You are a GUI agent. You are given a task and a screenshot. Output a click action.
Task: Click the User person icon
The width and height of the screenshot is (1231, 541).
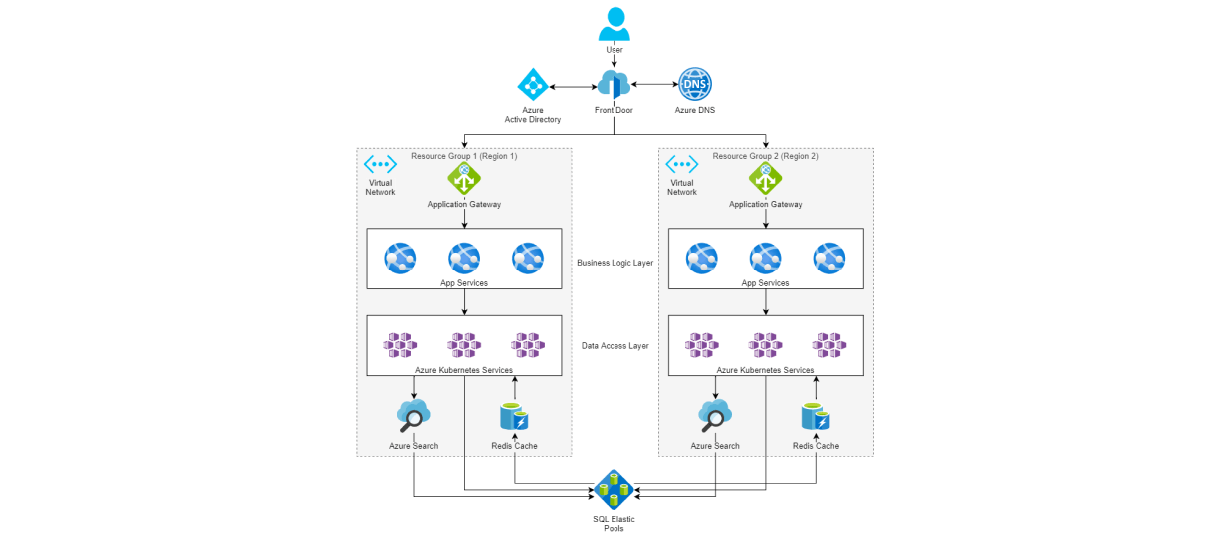pyautogui.click(x=615, y=24)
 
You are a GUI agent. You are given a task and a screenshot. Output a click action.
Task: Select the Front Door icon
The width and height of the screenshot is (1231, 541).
pyautogui.click(x=615, y=85)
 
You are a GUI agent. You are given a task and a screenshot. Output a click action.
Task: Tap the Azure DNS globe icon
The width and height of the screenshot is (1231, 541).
pyautogui.click(x=694, y=84)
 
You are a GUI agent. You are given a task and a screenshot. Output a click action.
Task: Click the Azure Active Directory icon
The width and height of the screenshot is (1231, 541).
pyautogui.click(x=533, y=85)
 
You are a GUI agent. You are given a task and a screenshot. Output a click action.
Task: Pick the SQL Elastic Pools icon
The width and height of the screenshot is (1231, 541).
pyautogui.click(x=614, y=490)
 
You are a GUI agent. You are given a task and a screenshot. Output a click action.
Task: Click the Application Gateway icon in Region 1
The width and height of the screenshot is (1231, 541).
pyautogui.click(x=464, y=179)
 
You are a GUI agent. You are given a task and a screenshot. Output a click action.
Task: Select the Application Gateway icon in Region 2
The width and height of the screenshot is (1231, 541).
pyautogui.click(x=765, y=179)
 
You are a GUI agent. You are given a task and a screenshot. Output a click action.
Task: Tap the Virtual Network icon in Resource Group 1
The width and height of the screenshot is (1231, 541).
pyautogui.click(x=380, y=164)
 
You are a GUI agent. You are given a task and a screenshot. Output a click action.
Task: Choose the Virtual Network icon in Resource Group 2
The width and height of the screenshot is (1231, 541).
pyautogui.click(x=681, y=164)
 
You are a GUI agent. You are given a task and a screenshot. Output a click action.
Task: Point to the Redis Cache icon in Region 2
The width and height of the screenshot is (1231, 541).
pyautogui.click(x=816, y=416)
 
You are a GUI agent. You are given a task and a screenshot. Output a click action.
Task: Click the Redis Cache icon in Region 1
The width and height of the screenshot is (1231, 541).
pyautogui.click(x=515, y=416)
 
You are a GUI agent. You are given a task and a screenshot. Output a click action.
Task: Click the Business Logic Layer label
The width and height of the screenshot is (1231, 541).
pyautogui.click(x=615, y=263)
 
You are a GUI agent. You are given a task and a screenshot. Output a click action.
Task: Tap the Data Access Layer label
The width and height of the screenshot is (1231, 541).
pyautogui.click(x=615, y=346)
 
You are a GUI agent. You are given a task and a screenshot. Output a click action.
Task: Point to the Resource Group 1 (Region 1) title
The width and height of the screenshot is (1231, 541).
pyautogui.click(x=464, y=156)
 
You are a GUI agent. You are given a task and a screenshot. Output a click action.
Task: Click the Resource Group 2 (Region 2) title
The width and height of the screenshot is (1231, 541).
pyautogui.click(x=765, y=156)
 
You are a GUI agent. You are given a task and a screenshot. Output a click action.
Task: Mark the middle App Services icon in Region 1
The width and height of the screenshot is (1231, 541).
pyautogui.click(x=464, y=259)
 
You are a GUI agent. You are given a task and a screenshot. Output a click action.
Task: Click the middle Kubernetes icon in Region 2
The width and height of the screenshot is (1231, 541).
pyautogui.click(x=765, y=345)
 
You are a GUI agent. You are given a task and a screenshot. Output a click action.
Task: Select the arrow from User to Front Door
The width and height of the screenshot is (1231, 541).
pyautogui.click(x=615, y=62)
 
